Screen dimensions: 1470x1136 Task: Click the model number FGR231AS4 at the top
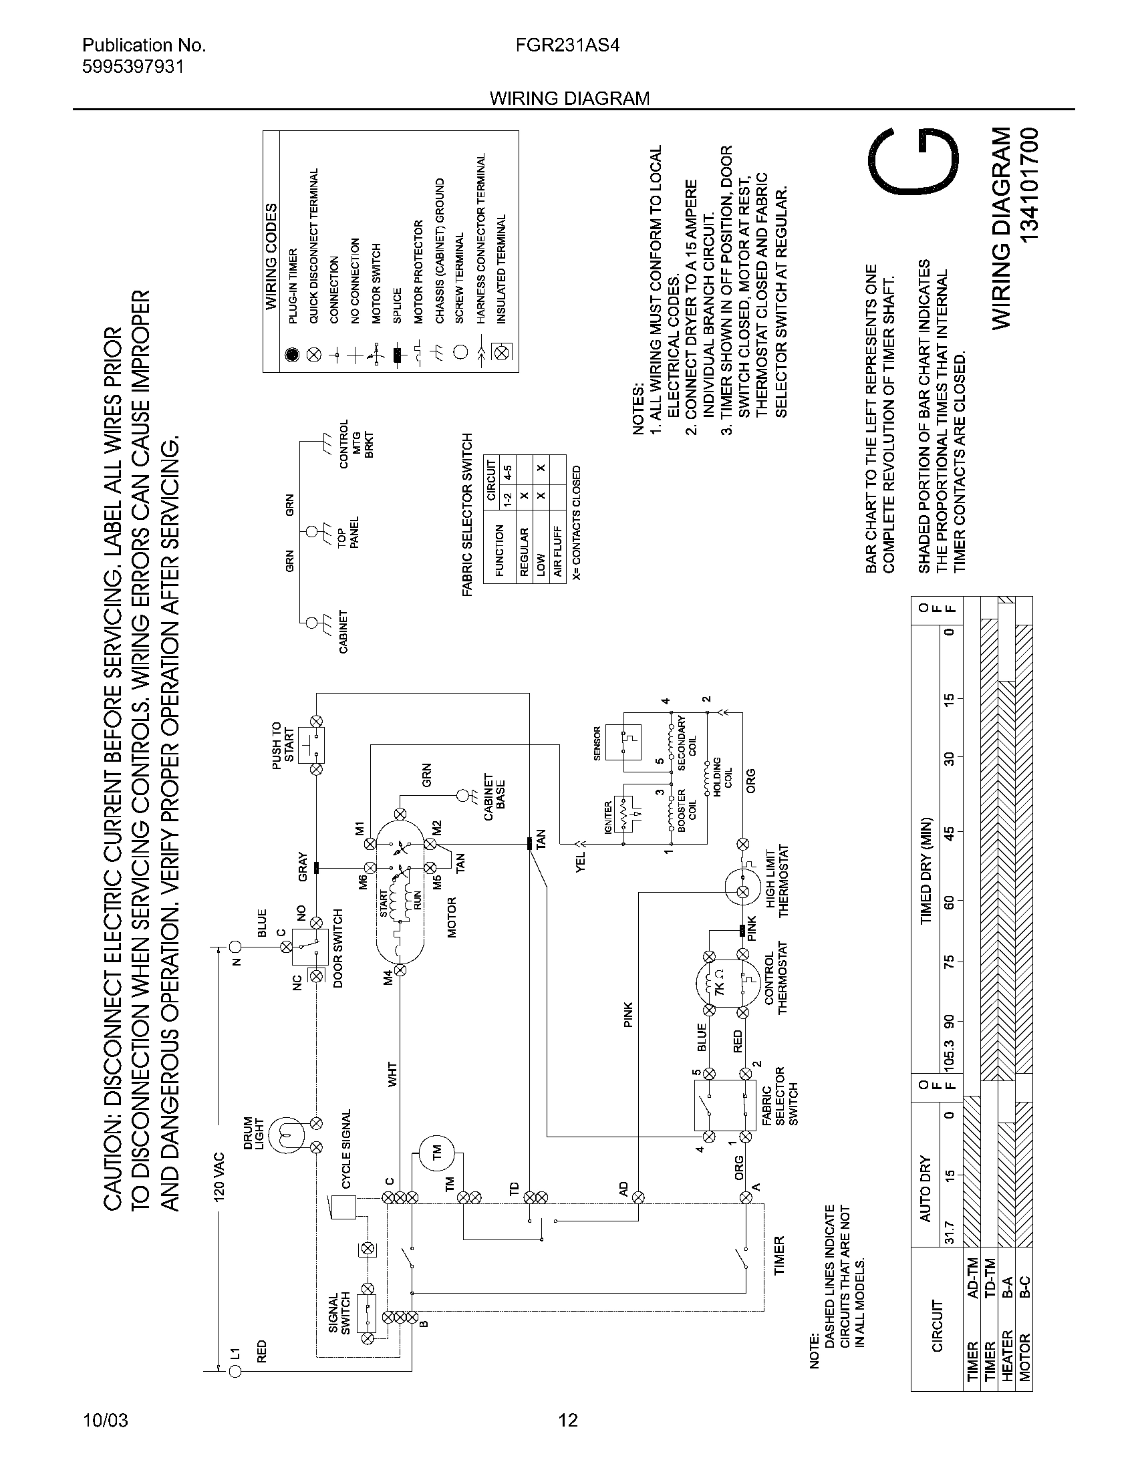(567, 45)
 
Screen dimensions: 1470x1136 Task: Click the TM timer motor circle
(436, 1151)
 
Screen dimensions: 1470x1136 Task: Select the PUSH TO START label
(283, 742)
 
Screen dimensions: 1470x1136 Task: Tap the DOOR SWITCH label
(338, 947)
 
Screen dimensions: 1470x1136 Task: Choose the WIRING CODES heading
(271, 257)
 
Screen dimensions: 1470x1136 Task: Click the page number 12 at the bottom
(568, 1420)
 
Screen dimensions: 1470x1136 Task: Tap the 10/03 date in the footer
(105, 1420)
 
